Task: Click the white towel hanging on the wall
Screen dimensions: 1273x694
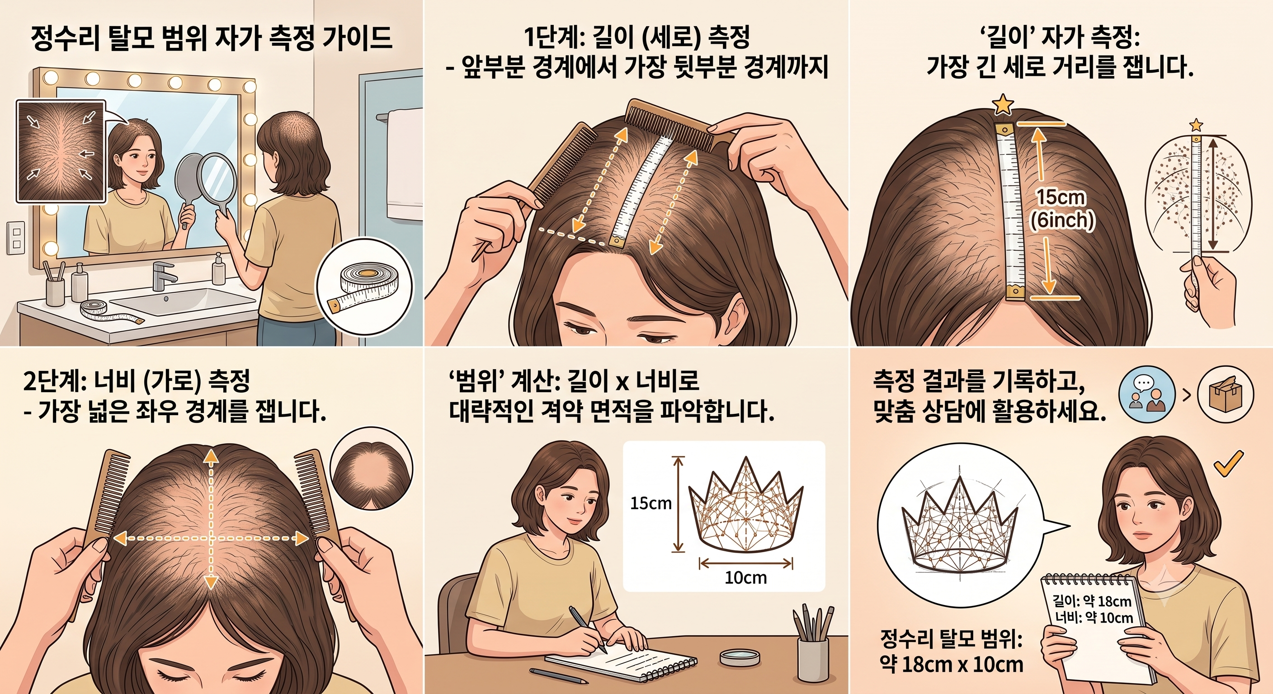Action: click(x=404, y=163)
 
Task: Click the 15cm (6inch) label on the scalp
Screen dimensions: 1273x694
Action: click(x=1061, y=208)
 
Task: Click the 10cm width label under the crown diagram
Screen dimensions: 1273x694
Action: click(x=746, y=577)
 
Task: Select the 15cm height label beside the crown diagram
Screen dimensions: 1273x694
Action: click(x=651, y=503)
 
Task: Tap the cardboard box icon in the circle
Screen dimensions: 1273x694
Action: click(x=1226, y=394)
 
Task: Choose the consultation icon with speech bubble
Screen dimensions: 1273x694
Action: click(x=1146, y=394)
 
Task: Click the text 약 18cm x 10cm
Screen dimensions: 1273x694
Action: click(x=951, y=665)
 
